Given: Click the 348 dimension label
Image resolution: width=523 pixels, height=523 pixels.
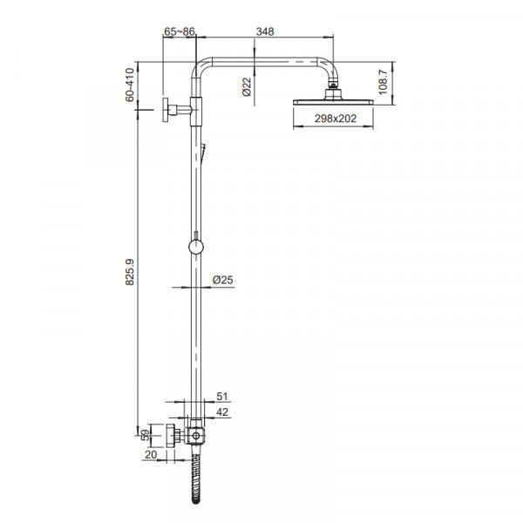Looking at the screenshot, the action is point(265,31).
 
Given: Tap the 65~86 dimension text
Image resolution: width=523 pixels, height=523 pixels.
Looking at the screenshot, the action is point(180,31).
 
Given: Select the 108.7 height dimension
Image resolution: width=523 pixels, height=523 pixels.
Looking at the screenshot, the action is point(383,83).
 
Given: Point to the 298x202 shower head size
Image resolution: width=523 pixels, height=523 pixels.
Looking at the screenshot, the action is point(336,119).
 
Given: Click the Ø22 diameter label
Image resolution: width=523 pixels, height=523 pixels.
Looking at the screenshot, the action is point(247,87).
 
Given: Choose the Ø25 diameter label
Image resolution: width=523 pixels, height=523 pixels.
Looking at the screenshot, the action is point(223,280).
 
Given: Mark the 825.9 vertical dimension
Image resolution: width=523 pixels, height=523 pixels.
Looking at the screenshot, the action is point(129,272).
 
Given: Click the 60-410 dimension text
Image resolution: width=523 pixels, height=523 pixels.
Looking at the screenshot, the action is point(129,85).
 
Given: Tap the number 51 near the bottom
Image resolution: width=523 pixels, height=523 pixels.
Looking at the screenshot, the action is point(222,397).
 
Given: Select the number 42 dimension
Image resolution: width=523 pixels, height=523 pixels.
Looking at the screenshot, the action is point(222,412).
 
